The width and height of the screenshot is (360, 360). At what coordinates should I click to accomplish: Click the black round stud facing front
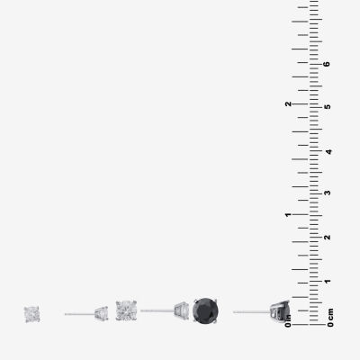(x=205, y=310)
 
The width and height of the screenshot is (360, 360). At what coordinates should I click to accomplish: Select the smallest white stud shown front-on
(x=32, y=314)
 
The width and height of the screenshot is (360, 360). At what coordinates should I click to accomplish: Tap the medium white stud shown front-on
(x=126, y=310)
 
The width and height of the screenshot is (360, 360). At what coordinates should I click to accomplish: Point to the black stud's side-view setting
(x=280, y=311)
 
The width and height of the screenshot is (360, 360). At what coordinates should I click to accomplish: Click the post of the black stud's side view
(x=252, y=312)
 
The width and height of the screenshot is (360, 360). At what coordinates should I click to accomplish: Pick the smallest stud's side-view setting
(x=102, y=313)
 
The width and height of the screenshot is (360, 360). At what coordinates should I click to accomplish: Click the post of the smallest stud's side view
(x=80, y=314)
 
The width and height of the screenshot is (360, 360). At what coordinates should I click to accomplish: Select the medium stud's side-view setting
(x=182, y=310)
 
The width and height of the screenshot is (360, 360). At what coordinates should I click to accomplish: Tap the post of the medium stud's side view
(x=157, y=310)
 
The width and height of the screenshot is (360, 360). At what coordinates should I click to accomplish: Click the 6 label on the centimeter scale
(x=327, y=64)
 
